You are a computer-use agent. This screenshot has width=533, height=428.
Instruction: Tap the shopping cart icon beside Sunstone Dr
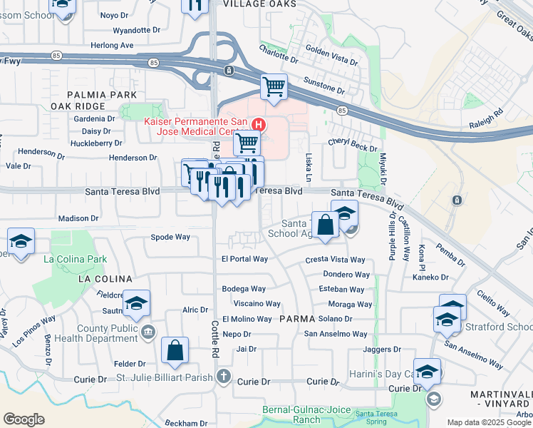pos(274,87)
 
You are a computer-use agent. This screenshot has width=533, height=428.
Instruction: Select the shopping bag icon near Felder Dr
pos(175,350)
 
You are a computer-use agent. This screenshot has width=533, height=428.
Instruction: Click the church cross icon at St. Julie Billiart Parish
pos(224,376)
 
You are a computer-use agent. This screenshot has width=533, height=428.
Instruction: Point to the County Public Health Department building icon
pos(148,330)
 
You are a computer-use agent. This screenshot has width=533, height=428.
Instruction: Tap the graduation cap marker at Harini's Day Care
pos(427,372)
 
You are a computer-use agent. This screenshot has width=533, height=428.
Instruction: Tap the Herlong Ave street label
pos(113,45)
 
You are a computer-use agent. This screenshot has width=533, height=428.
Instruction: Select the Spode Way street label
pos(170,237)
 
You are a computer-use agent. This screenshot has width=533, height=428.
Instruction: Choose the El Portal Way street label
pos(244,259)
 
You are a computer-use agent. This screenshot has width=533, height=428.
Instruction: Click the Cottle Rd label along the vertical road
pos(214,340)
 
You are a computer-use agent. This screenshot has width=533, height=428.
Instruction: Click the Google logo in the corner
pos(24,419)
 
